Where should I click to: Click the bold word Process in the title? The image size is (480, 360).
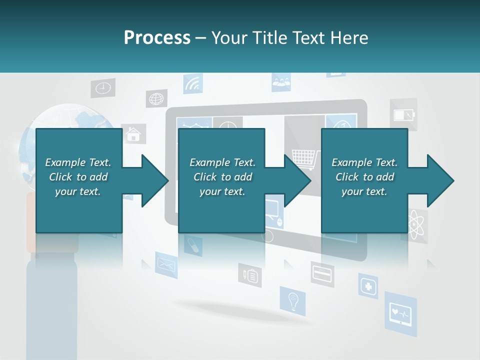tap(157, 37)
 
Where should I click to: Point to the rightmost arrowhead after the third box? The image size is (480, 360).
tap(440, 180)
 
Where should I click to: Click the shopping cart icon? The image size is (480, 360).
tap(303, 159)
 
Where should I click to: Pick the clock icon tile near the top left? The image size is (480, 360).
tap(102, 88)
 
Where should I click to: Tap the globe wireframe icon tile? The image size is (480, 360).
tap(156, 98)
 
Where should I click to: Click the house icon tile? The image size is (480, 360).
tap(133, 134)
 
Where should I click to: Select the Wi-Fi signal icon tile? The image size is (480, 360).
tap(192, 84)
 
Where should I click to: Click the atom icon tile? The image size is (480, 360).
tap(415, 225)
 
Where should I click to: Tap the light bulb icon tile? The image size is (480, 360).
tap(292, 301)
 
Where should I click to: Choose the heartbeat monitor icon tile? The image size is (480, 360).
tap(400, 314)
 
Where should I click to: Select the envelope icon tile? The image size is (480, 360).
tap(166, 263)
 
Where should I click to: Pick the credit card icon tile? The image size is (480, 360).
tap(322, 273)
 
